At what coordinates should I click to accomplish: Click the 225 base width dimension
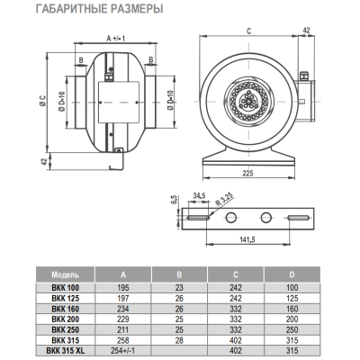point(248,173)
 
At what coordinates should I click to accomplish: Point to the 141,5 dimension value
point(247,239)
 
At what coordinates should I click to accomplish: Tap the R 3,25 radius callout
point(224,200)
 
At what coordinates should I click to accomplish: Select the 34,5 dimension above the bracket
point(199,196)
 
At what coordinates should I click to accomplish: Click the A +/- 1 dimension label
point(115,39)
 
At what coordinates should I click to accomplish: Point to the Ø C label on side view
point(42,101)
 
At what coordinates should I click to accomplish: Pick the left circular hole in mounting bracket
point(230,218)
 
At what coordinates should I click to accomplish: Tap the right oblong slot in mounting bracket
point(298,218)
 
